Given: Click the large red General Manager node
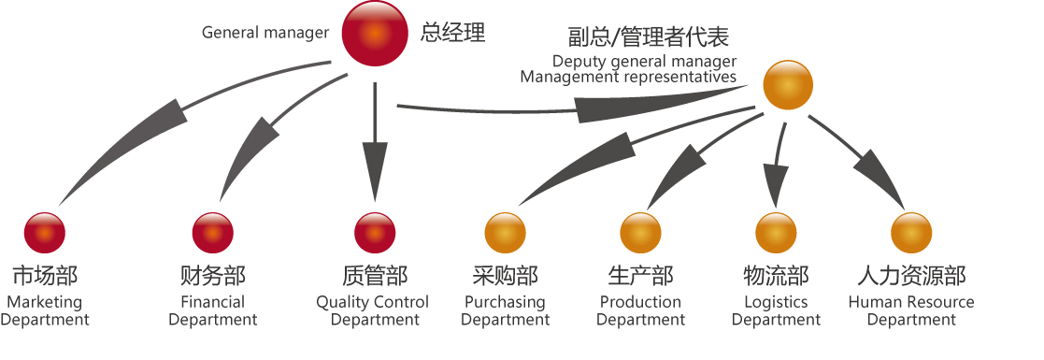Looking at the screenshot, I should [x=374, y=35].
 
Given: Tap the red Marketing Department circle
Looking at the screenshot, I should [x=44, y=233].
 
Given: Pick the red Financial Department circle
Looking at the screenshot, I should [x=212, y=233].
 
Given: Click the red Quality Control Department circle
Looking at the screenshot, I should [x=375, y=233].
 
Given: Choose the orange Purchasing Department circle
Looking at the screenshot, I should [x=506, y=233].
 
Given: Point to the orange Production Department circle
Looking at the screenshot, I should [x=640, y=233].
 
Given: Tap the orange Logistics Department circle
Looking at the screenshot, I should [x=776, y=233].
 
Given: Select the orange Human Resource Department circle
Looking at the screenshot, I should [x=911, y=233].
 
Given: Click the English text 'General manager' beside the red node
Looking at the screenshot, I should [x=265, y=33].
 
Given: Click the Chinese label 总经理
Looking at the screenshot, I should [x=453, y=33].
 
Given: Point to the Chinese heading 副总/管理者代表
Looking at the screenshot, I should [x=648, y=37].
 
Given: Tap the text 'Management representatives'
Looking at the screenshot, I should [x=628, y=77].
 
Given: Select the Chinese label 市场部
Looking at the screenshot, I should [x=44, y=276].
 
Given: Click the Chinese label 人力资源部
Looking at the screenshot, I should [x=911, y=276].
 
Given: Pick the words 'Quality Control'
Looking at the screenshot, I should [x=372, y=302].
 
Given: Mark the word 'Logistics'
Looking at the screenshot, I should [x=776, y=302].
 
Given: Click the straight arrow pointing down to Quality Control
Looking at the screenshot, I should [x=375, y=150].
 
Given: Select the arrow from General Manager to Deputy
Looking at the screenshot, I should [x=579, y=108].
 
